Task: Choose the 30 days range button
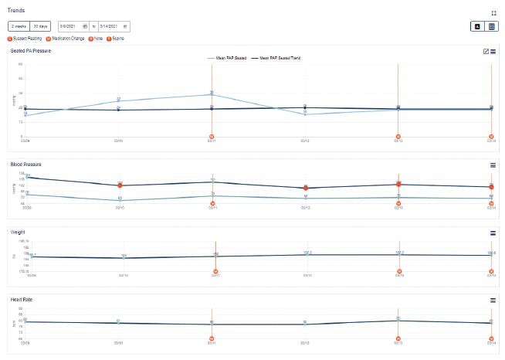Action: pyautogui.click(x=39, y=26)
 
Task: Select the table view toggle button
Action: pyautogui.click(x=492, y=26)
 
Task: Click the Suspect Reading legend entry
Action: pyautogui.click(x=25, y=38)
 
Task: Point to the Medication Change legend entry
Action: pyautogui.click(x=65, y=38)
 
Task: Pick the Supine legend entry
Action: pyautogui.click(x=116, y=38)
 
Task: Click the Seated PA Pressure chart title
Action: pyautogui.click(x=32, y=51)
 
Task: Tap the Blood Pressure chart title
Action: pyautogui.click(x=25, y=165)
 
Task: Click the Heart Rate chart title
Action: pyautogui.click(x=22, y=299)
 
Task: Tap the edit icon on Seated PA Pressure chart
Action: pyautogui.click(x=485, y=52)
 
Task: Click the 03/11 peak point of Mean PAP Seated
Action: pyautogui.click(x=212, y=94)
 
